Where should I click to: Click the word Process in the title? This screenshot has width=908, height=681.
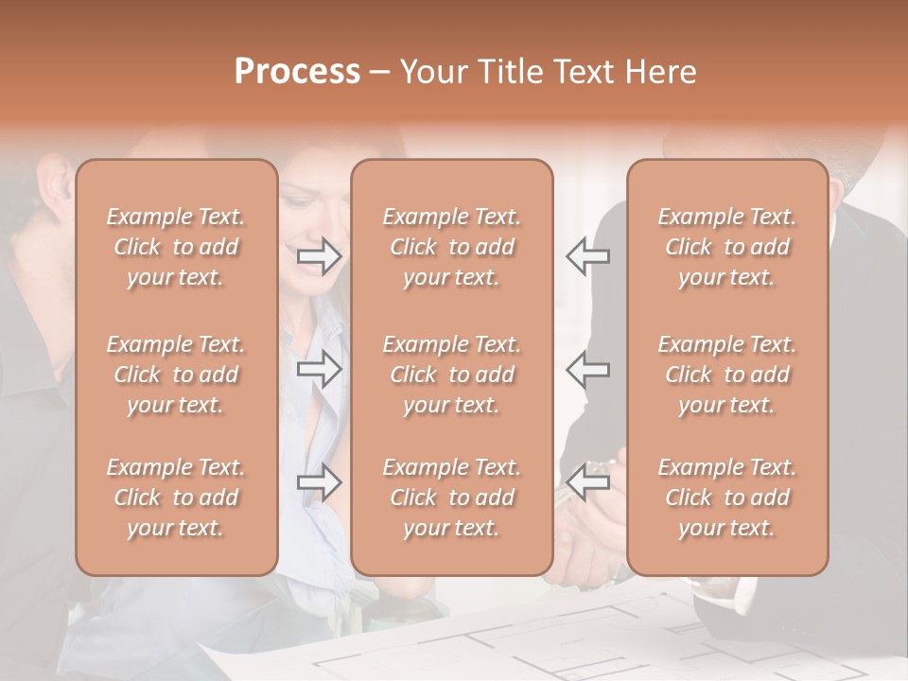297,72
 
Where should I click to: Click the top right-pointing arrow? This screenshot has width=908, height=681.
320,256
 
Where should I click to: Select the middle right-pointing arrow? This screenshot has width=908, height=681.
320,369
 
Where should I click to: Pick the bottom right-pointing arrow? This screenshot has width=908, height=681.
320,482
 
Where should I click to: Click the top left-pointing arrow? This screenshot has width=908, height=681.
587,256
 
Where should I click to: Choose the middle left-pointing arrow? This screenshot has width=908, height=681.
587,369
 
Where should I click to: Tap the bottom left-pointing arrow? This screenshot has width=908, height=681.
587,482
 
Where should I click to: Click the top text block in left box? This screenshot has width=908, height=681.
176,247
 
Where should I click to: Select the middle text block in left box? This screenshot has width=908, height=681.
176,375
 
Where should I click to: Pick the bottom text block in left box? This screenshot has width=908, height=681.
176,498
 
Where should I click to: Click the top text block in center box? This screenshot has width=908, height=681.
451,247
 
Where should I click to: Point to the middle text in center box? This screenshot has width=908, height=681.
451,375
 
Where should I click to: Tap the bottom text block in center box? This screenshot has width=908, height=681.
451,498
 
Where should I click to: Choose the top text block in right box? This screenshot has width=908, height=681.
726,247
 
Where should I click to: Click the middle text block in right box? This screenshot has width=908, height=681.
726,375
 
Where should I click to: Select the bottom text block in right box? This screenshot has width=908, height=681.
726,498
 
